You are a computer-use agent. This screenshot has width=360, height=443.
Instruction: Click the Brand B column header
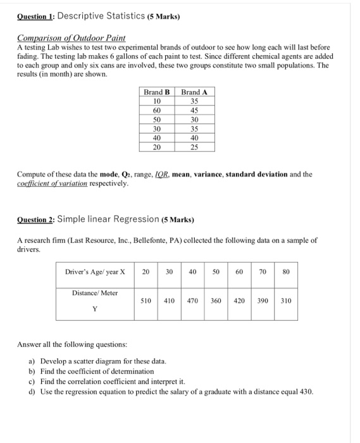point(157,93)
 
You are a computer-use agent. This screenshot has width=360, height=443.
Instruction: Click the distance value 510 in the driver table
point(145,301)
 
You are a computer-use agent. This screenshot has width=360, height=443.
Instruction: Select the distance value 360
point(216,301)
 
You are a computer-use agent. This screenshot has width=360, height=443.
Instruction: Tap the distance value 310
point(285,301)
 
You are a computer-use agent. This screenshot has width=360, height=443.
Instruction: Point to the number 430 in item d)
point(304,392)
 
